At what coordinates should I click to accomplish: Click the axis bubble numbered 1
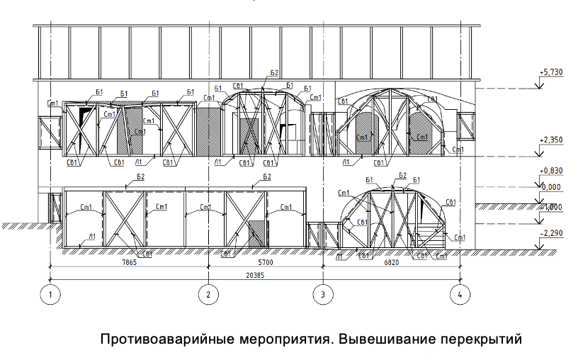coord(50,293)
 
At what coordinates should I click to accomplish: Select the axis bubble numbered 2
coord(208,293)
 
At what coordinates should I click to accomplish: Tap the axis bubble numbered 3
coord(323,293)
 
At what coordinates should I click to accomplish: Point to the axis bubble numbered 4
coord(460,293)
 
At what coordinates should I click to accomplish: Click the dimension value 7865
coord(128,262)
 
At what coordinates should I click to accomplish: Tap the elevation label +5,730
coord(550,73)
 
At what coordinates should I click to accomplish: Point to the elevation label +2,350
coord(550,141)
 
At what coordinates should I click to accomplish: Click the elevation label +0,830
coord(550,171)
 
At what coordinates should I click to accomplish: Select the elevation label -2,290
coord(550,232)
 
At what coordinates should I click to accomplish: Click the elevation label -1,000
coord(550,206)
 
